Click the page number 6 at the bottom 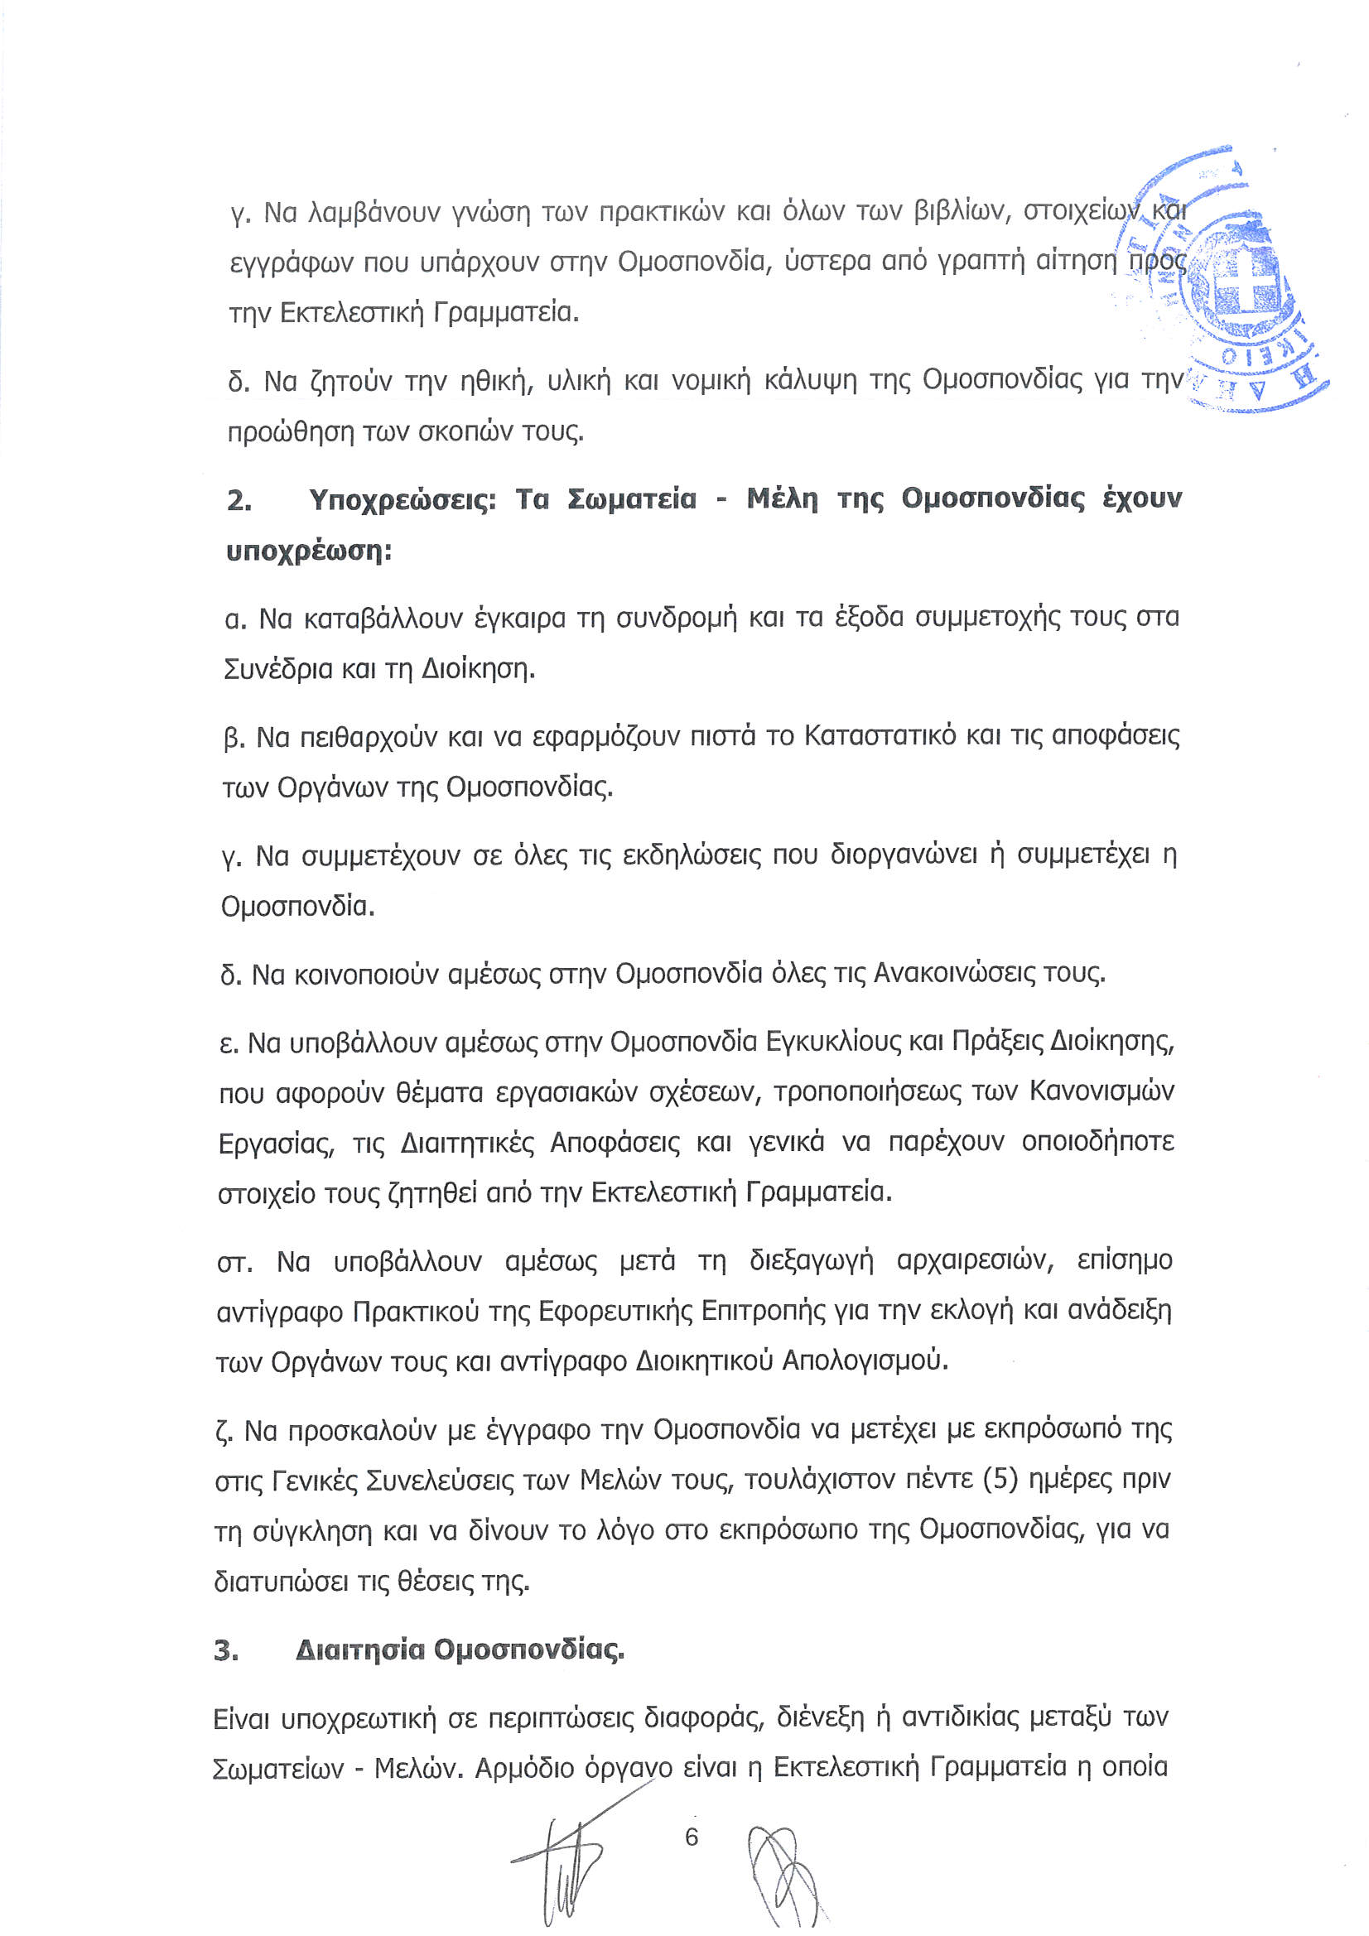[692, 1837]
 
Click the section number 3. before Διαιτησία [226, 1650]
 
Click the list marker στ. [234, 1262]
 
